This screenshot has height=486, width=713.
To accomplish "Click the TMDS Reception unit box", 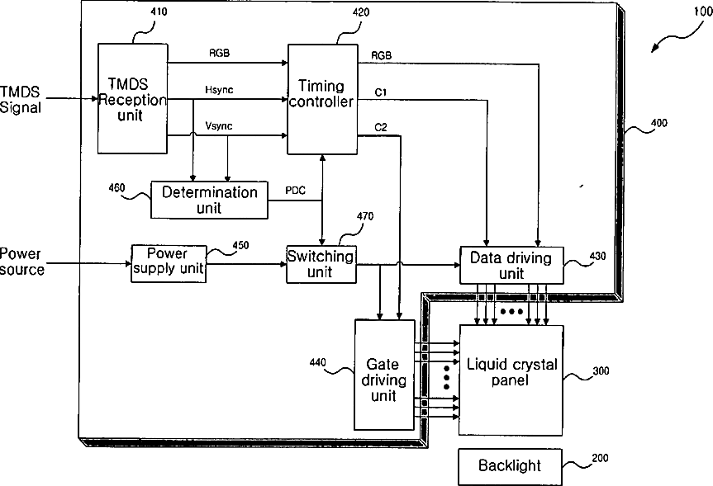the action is point(132,98).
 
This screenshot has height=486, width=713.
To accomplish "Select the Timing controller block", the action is point(322,100).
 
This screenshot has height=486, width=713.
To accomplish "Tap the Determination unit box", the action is point(209,200).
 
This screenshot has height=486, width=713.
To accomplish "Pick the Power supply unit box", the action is point(169,264).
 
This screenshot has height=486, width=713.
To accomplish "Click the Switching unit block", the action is point(321,264).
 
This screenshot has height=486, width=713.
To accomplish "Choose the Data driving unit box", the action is point(511,266).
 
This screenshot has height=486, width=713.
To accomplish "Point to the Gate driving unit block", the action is point(384,375).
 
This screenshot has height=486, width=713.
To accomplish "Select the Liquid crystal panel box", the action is point(511,380).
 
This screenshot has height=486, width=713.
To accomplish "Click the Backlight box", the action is point(510,467).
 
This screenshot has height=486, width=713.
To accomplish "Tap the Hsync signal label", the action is point(219,90).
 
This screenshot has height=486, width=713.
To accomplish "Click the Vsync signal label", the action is point(219,125).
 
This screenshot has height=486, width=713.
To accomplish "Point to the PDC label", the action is point(295,191).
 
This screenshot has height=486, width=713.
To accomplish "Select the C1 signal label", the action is point(381,92).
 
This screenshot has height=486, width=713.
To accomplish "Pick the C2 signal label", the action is point(381,127).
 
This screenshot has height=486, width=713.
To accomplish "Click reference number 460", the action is point(116,187).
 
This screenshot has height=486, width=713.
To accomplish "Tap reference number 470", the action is point(365,216).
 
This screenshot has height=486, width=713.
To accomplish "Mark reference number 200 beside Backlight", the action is point(601,458).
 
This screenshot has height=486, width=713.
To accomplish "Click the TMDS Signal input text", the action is point(21,100).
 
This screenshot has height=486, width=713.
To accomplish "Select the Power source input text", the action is point(21,262).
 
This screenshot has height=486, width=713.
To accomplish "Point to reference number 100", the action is point(703,11).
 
